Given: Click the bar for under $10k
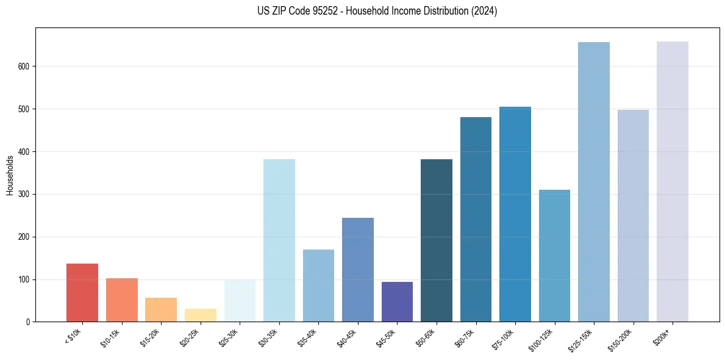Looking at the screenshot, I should (82, 293).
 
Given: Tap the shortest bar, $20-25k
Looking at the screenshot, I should (200, 315).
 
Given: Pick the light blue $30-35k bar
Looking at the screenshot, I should (279, 240).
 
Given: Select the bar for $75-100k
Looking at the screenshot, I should (515, 214).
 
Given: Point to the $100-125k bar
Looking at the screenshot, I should (554, 256).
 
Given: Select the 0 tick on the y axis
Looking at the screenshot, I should (28, 322).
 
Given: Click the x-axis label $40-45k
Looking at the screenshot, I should (346, 337).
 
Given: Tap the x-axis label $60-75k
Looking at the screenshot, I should (465, 337).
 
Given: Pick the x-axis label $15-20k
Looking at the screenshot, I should (149, 337).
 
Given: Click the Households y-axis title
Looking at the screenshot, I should (10, 175).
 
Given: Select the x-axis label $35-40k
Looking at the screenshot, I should (307, 337).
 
